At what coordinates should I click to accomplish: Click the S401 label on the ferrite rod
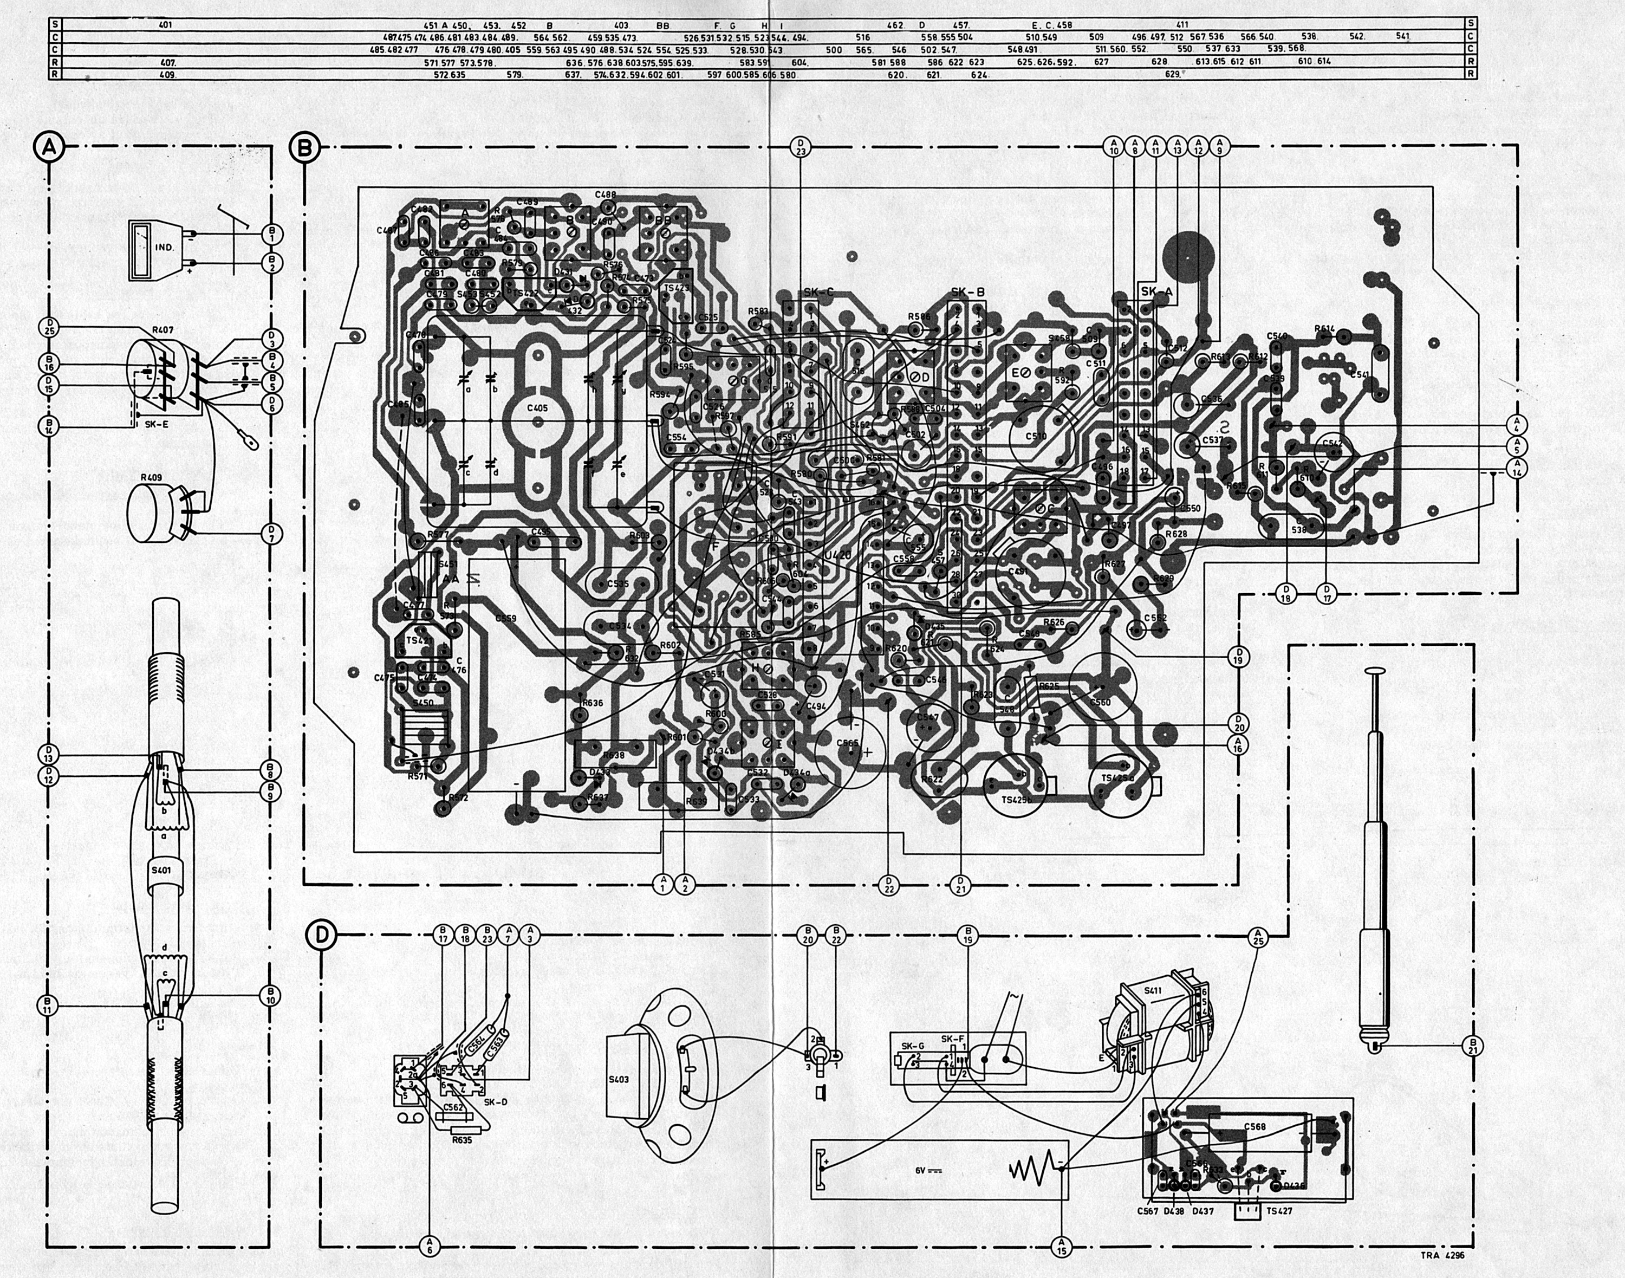(160, 870)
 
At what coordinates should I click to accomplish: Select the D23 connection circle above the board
(801, 147)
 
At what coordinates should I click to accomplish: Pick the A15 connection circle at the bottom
(1062, 1246)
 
